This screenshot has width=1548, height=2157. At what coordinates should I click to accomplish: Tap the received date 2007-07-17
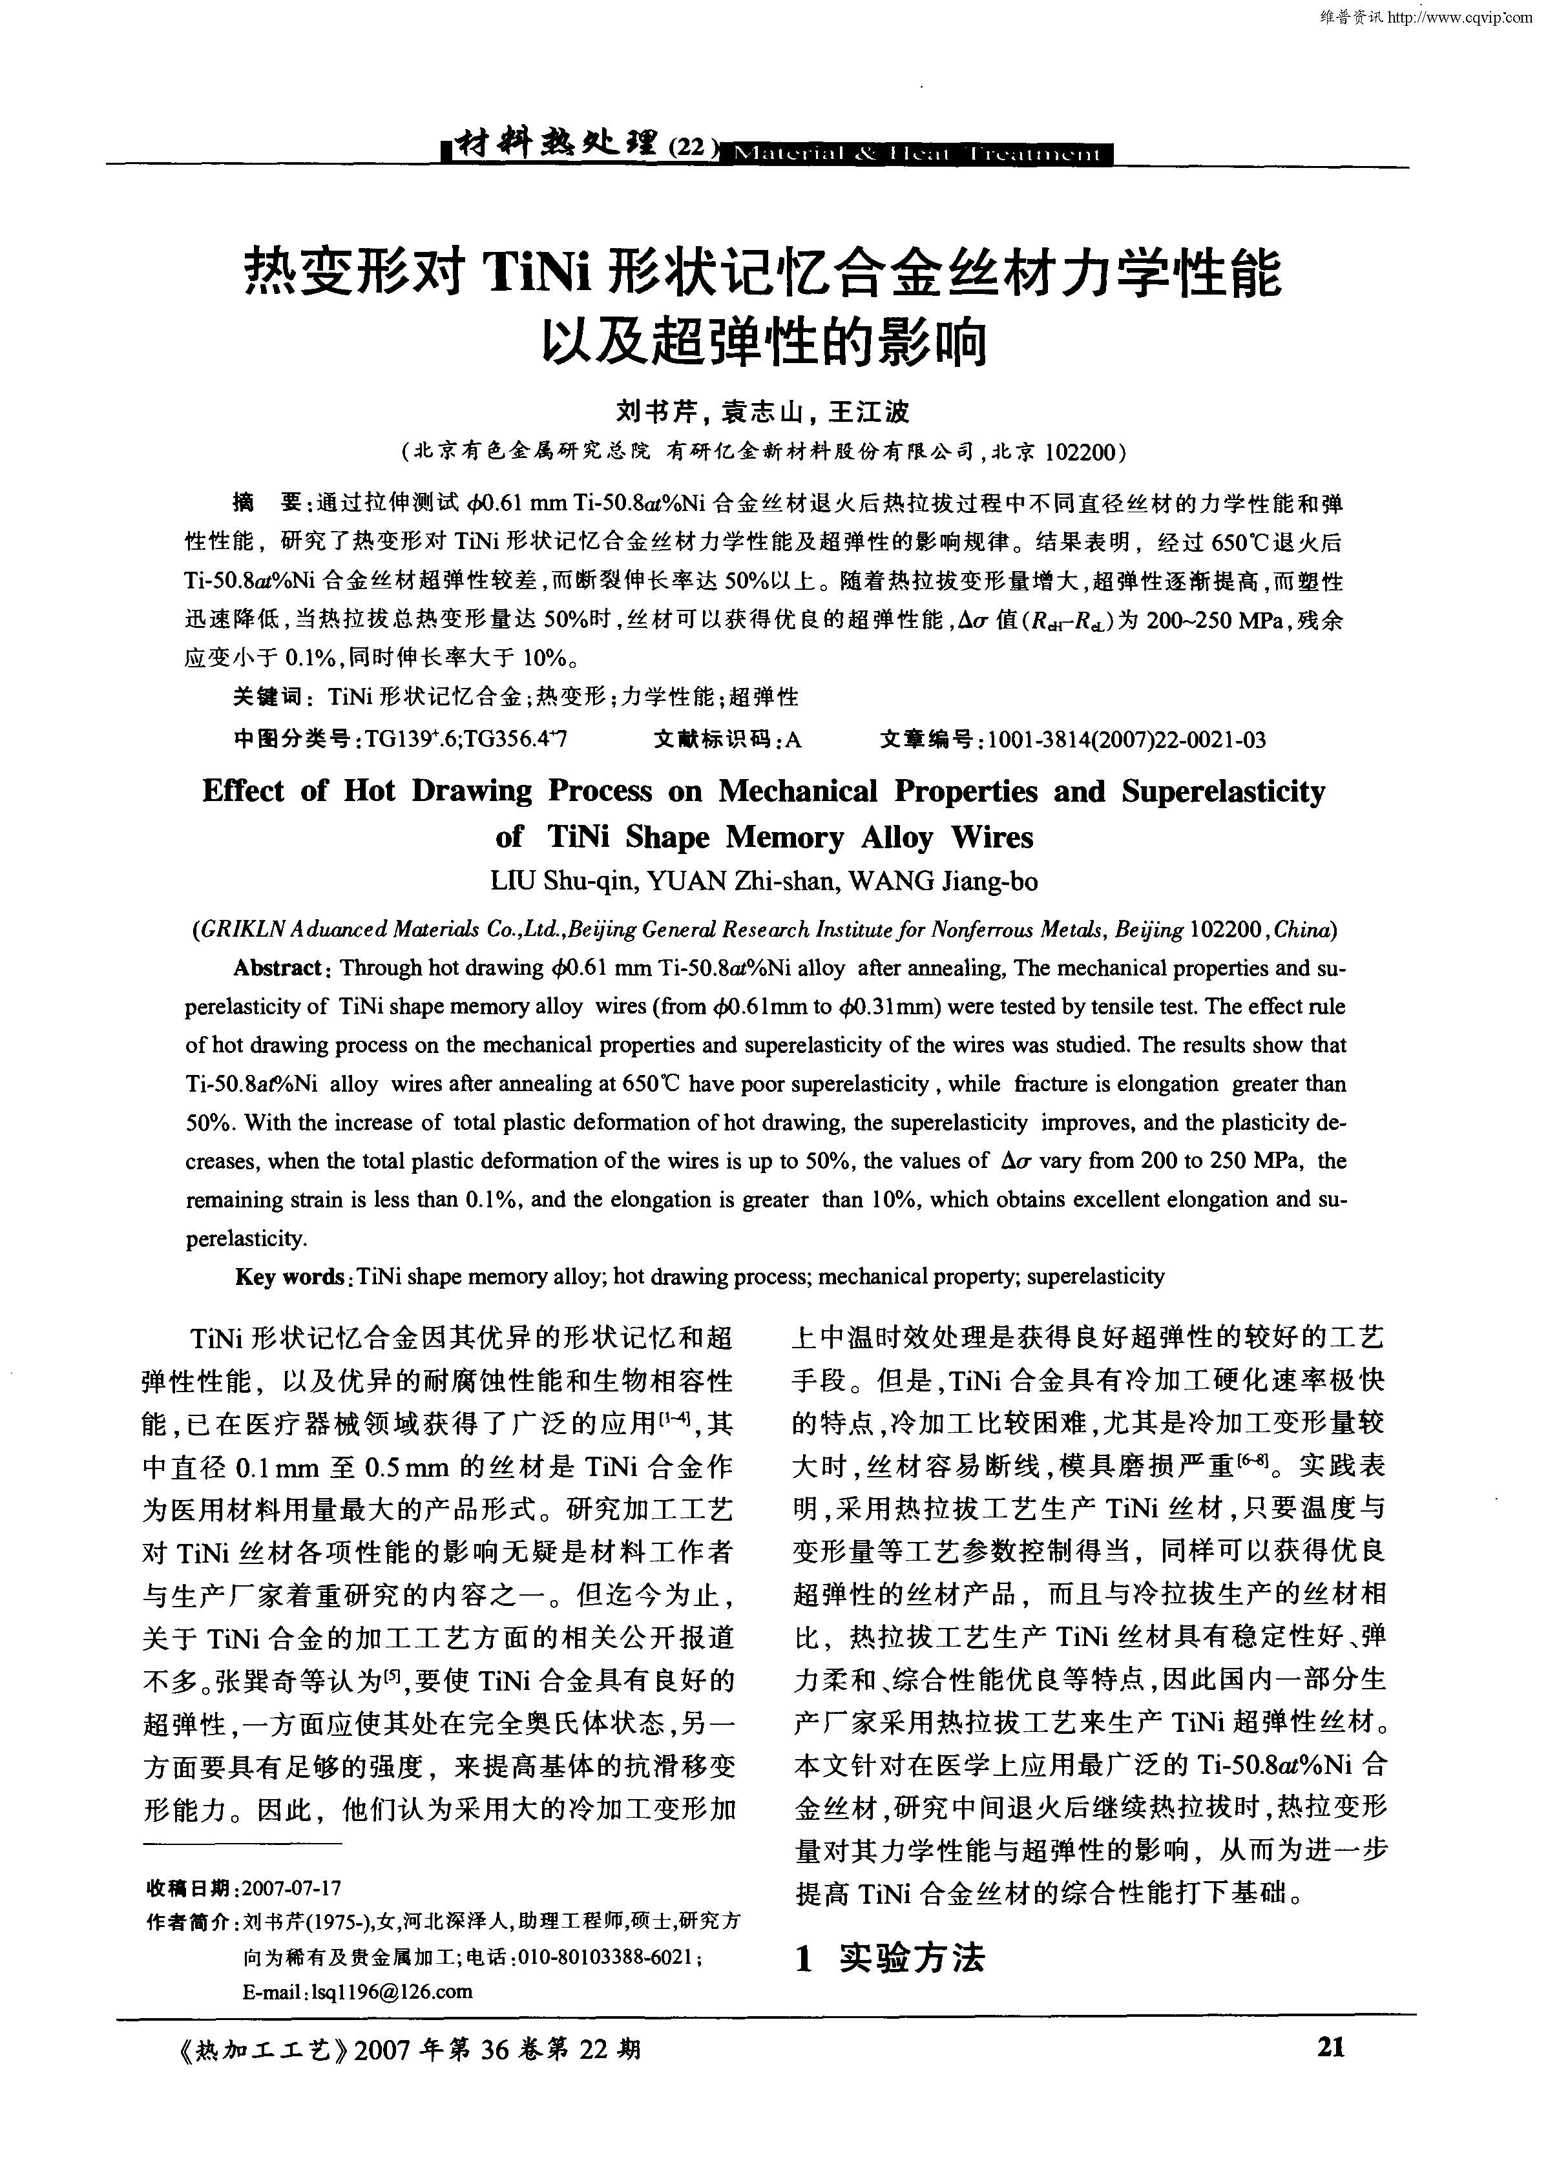(x=291, y=1888)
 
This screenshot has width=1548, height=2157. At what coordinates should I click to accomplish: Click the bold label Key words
(x=290, y=1276)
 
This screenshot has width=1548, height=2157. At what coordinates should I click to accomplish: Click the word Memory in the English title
(x=785, y=837)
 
